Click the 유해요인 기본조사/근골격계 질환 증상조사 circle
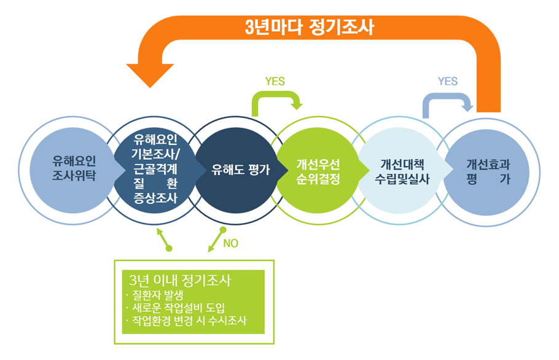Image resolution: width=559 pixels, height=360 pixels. pyautogui.click(x=155, y=168)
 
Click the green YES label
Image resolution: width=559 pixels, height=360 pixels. pyautogui.click(x=275, y=81)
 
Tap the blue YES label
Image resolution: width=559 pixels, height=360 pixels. pyautogui.click(x=447, y=81)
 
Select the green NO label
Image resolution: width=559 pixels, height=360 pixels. pyautogui.click(x=230, y=243)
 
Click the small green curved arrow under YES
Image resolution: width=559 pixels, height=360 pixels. pyautogui.click(x=278, y=102)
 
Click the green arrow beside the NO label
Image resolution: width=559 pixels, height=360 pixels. pyautogui.click(x=216, y=240)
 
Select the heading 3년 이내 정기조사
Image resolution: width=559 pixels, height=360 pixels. pyautogui.click(x=176, y=281)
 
